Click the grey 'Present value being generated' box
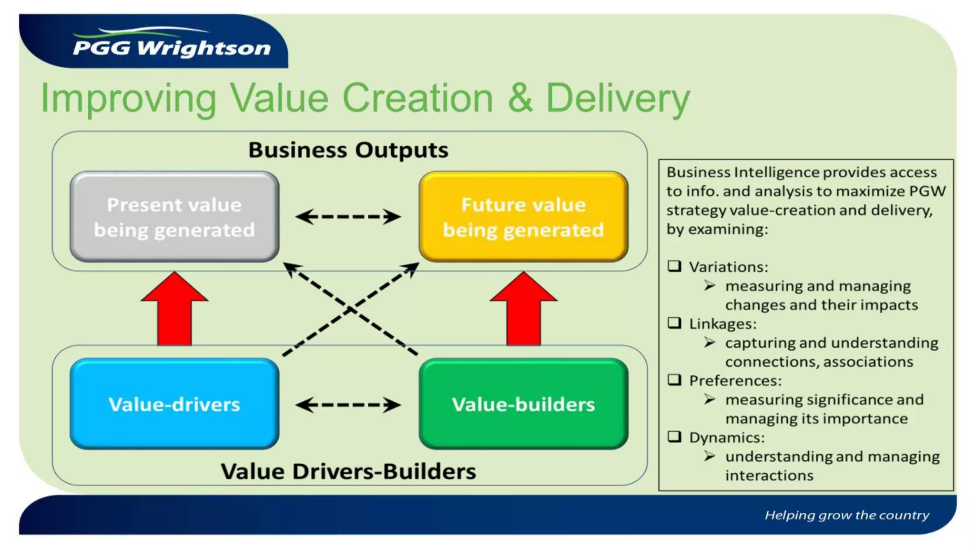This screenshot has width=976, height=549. pyautogui.click(x=174, y=217)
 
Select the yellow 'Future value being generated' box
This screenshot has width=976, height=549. pyautogui.click(x=523, y=217)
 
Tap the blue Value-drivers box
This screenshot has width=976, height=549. pyautogui.click(x=174, y=404)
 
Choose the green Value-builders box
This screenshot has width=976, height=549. pyautogui.click(x=523, y=404)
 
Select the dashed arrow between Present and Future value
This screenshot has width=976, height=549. pyautogui.click(x=348, y=217)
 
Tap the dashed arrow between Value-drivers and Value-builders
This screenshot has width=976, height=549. pyautogui.click(x=348, y=405)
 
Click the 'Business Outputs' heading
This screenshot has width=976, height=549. pyautogui.click(x=348, y=150)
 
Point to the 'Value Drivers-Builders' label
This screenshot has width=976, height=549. pyautogui.click(x=348, y=471)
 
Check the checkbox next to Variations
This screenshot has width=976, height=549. pyautogui.click(x=674, y=266)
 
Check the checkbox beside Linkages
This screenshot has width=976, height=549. pyautogui.click(x=674, y=323)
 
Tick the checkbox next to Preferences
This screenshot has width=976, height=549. pyautogui.click(x=674, y=380)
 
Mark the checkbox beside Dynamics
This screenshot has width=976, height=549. pyautogui.click(x=674, y=437)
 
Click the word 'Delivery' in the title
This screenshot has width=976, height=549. pyautogui.click(x=618, y=98)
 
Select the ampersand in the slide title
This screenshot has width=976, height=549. pyautogui.click(x=520, y=98)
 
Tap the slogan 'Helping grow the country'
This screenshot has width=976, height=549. pyautogui.click(x=847, y=515)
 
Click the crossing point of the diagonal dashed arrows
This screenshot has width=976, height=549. pyautogui.click(x=351, y=309)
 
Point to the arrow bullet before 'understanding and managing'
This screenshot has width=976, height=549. pyautogui.click(x=710, y=456)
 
